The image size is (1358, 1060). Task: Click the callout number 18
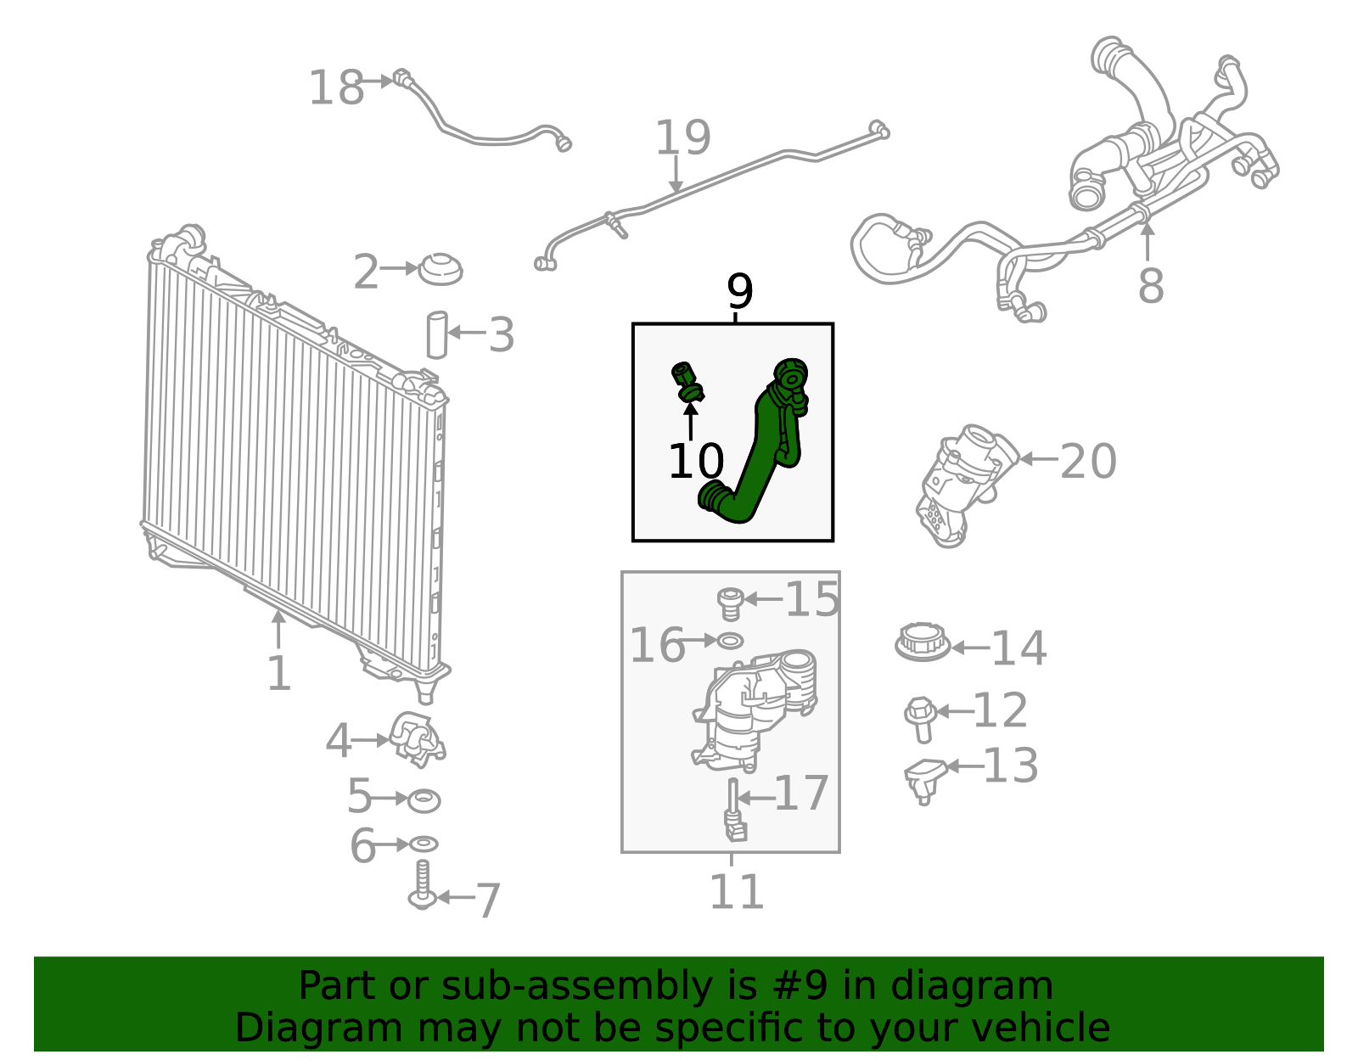(336, 88)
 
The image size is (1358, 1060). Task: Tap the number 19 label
(682, 137)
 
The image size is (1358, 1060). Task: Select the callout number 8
(1150, 285)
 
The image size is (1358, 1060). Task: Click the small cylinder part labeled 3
(436, 335)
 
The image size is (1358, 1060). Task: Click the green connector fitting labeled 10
(687, 382)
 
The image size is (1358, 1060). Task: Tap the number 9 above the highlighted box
(739, 292)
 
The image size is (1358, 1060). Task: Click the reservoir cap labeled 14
(922, 642)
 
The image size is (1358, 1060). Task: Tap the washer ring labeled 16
(731, 640)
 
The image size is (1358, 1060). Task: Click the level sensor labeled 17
(732, 810)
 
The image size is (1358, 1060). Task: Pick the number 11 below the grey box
(736, 892)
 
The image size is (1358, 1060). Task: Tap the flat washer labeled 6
(424, 844)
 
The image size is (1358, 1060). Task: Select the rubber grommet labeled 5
(424, 799)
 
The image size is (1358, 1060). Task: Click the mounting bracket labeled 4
(416, 738)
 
